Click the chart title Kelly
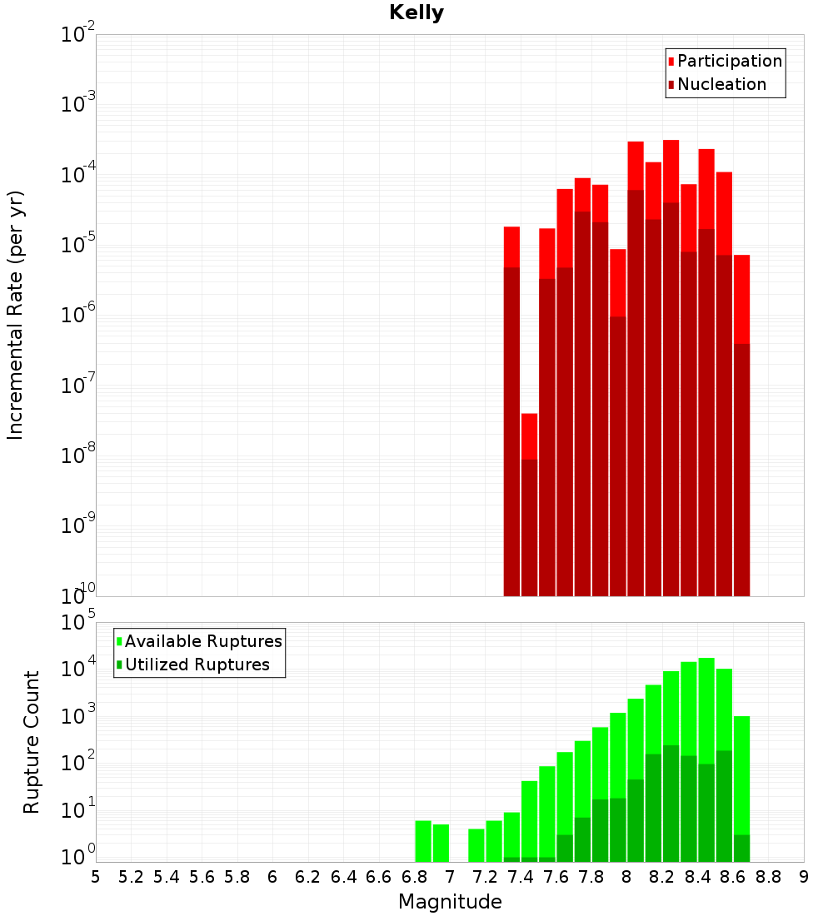[x=416, y=13]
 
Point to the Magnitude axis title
[x=450, y=902]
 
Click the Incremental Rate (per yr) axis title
[x=16, y=316]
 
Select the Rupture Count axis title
[x=32, y=742]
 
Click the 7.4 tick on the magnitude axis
[x=521, y=877]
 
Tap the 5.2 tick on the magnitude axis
[x=132, y=877]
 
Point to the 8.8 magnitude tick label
[x=768, y=877]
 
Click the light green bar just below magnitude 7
[x=441, y=843]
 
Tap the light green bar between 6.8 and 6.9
[x=423, y=841]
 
